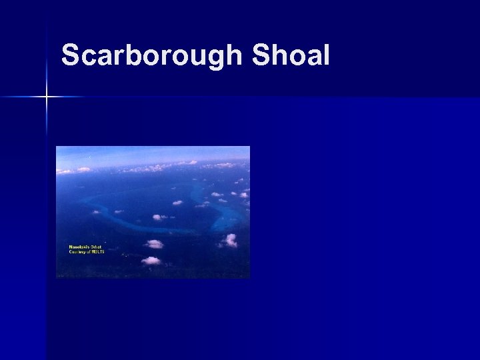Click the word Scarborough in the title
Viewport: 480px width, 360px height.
coord(153,56)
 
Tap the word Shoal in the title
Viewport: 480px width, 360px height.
coord(291,56)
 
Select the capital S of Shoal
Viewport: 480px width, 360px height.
coord(263,56)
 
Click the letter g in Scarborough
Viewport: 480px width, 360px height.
coord(213,59)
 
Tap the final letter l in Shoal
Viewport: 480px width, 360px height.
coord(326,55)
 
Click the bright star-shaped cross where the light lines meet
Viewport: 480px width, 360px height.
coord(47,97)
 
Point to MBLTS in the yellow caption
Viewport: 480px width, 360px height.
coord(100,252)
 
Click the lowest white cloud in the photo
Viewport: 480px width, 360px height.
coord(152,260)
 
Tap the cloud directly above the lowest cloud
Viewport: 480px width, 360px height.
coord(154,244)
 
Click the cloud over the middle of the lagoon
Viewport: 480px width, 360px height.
coord(159,217)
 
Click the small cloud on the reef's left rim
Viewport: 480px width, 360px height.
coord(97,212)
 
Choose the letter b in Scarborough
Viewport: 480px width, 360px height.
coord(151,56)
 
